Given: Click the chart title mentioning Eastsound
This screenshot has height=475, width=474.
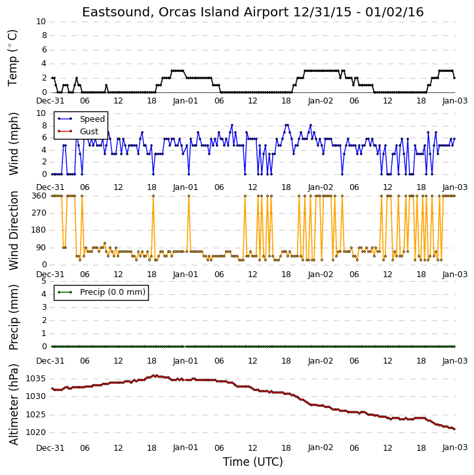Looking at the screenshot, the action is click(x=253, y=12).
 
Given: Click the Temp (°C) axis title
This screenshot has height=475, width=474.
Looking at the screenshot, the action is click(x=12, y=58).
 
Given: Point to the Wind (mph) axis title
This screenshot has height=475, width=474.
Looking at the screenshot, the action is click(x=13, y=143).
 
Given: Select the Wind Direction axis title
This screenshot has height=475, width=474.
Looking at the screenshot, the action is click(x=13, y=230).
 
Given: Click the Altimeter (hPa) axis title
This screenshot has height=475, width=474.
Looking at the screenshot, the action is click(x=13, y=404).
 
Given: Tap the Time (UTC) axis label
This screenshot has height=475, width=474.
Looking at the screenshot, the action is click(x=253, y=462).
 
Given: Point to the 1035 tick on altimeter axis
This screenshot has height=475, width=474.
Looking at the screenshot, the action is click(x=35, y=379).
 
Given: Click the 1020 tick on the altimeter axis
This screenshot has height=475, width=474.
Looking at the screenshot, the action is click(x=35, y=432).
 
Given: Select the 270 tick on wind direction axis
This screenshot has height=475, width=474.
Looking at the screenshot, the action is click(x=39, y=213).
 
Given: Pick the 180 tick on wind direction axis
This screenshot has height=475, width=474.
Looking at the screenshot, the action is click(x=39, y=230).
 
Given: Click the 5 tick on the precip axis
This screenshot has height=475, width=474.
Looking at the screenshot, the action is click(x=44, y=281).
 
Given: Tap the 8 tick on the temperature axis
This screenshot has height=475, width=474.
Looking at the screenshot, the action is click(x=44, y=35).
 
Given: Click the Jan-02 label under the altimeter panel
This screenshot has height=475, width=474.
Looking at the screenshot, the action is click(x=321, y=447).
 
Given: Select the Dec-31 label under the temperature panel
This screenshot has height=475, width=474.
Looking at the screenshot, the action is click(x=50, y=101).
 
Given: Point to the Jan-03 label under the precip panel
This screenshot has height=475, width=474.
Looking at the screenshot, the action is click(x=455, y=361).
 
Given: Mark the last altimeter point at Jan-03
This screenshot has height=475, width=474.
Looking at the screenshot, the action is click(x=454, y=429).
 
